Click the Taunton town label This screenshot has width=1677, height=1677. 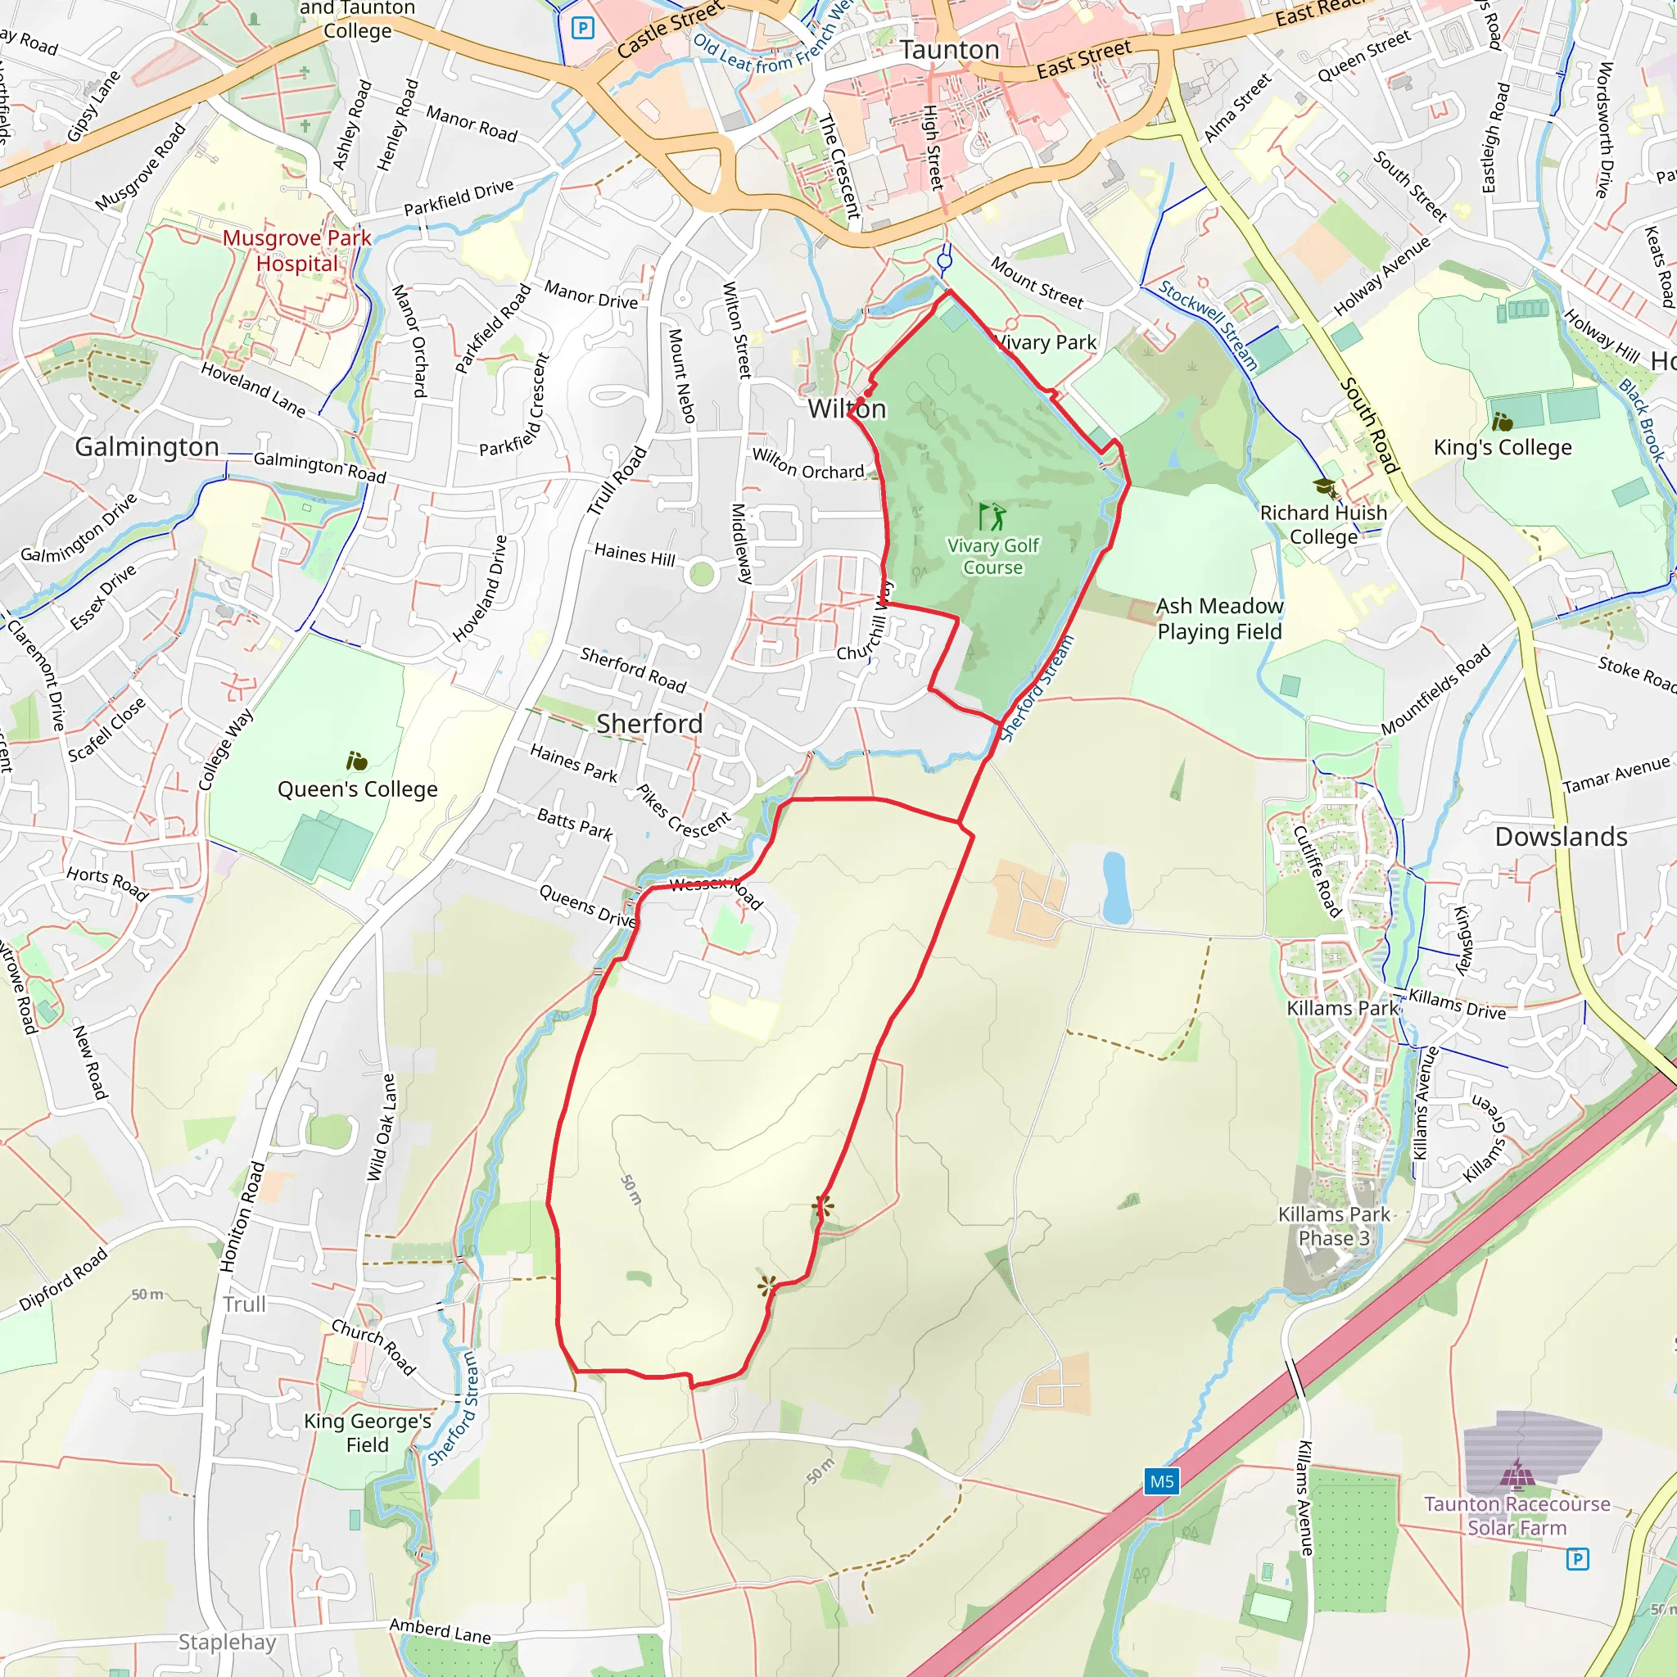[949, 50]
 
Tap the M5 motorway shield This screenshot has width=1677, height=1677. [1161, 1481]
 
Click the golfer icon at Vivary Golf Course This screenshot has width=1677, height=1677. [992, 517]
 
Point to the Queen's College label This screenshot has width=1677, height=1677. [357, 789]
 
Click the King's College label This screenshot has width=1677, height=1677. [1502, 448]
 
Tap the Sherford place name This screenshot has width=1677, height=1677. [649, 724]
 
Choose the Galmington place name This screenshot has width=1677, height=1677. [147, 447]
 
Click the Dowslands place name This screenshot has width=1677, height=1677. [1561, 837]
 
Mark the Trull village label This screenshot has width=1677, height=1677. [244, 1304]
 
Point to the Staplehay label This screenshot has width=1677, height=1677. [227, 1643]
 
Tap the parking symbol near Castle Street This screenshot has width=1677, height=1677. [582, 29]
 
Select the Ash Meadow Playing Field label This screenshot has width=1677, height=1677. [1218, 618]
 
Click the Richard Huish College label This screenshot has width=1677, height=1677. [1323, 524]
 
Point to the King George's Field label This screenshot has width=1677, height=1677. [367, 1433]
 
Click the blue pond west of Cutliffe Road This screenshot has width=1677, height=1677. [1115, 888]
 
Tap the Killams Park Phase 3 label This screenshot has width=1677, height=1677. [1334, 1226]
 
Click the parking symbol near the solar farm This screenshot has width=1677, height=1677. [1577, 1560]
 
